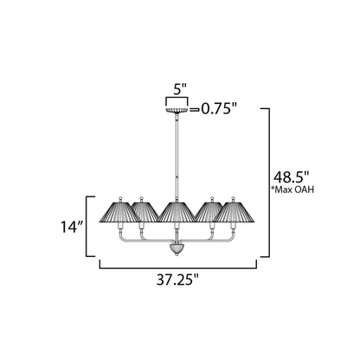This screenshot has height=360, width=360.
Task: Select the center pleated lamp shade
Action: pyautogui.click(x=177, y=210)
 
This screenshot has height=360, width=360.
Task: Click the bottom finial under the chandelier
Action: pyautogui.click(x=177, y=247)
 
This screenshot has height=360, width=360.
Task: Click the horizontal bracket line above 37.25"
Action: pyautogui.click(x=177, y=265)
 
